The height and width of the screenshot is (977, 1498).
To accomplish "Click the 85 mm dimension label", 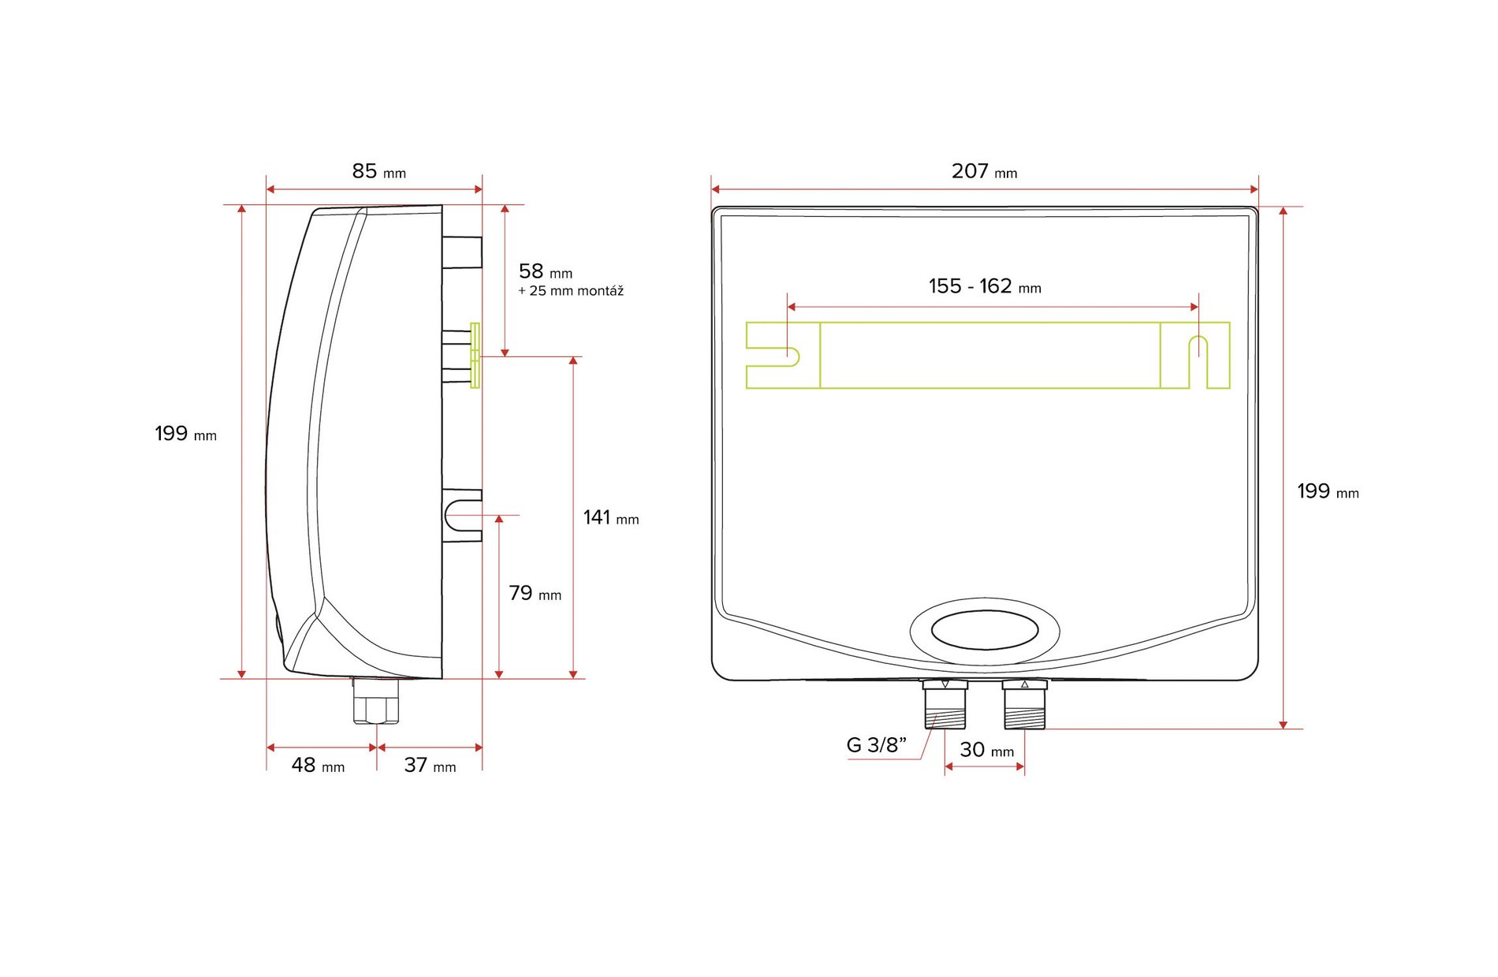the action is tap(378, 171).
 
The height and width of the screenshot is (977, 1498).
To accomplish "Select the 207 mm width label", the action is tap(984, 171).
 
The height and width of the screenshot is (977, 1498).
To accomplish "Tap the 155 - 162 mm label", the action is tap(985, 286).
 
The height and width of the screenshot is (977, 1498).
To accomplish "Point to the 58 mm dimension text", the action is tap(546, 271).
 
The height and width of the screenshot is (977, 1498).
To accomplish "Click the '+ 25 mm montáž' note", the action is tap(571, 291).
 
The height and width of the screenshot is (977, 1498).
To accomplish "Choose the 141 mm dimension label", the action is tap(611, 517).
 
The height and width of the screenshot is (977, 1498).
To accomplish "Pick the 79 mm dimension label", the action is tap(535, 593).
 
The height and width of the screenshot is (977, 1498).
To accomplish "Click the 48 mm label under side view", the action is tap(318, 765).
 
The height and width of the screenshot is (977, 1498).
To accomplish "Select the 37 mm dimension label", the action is tap(430, 765).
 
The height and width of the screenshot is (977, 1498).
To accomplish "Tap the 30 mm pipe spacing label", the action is tap(986, 750).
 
